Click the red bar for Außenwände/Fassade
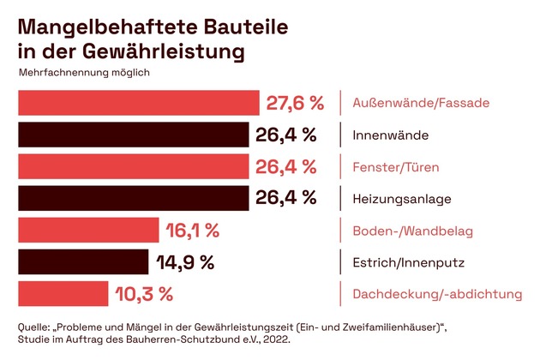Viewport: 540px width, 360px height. (x=138, y=103)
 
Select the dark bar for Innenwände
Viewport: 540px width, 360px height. (x=133, y=135)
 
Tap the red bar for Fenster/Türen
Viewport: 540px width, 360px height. (x=133, y=166)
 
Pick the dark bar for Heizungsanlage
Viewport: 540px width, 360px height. (x=133, y=198)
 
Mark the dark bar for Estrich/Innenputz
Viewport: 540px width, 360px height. (x=82, y=261)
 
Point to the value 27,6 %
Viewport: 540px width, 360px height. (x=294, y=104)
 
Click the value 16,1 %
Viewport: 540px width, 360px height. (x=193, y=230)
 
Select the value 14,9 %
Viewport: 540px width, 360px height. (x=185, y=261)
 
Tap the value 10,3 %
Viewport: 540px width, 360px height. (x=144, y=294)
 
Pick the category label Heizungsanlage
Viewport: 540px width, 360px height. (x=401, y=199)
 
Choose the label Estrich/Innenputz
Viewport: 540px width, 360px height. (x=403, y=262)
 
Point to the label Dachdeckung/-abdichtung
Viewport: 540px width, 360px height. (x=437, y=294)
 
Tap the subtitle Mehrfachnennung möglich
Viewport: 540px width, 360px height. (x=84, y=72)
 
